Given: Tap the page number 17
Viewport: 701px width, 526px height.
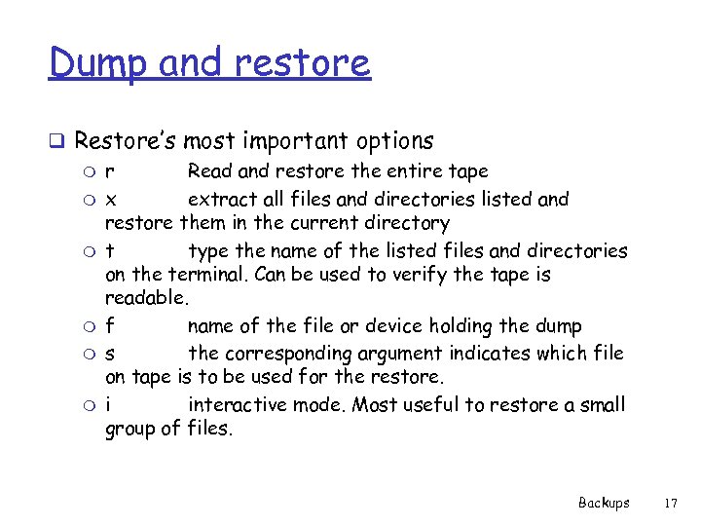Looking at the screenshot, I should coord(669,503).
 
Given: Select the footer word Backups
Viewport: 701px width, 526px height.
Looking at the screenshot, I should coord(604,503).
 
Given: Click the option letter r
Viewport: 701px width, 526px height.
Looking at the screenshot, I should coord(109,172).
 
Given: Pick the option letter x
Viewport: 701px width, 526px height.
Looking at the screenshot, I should coord(110,200).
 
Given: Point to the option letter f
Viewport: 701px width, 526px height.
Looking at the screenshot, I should coord(109,326).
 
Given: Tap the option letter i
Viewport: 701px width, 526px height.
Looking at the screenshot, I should coord(108,403).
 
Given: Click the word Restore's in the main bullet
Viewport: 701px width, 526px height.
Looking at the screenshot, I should coord(124,140).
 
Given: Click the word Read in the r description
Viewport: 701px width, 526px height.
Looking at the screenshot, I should coord(209,171).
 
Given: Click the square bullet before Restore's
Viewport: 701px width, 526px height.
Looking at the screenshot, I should coord(58,141).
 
